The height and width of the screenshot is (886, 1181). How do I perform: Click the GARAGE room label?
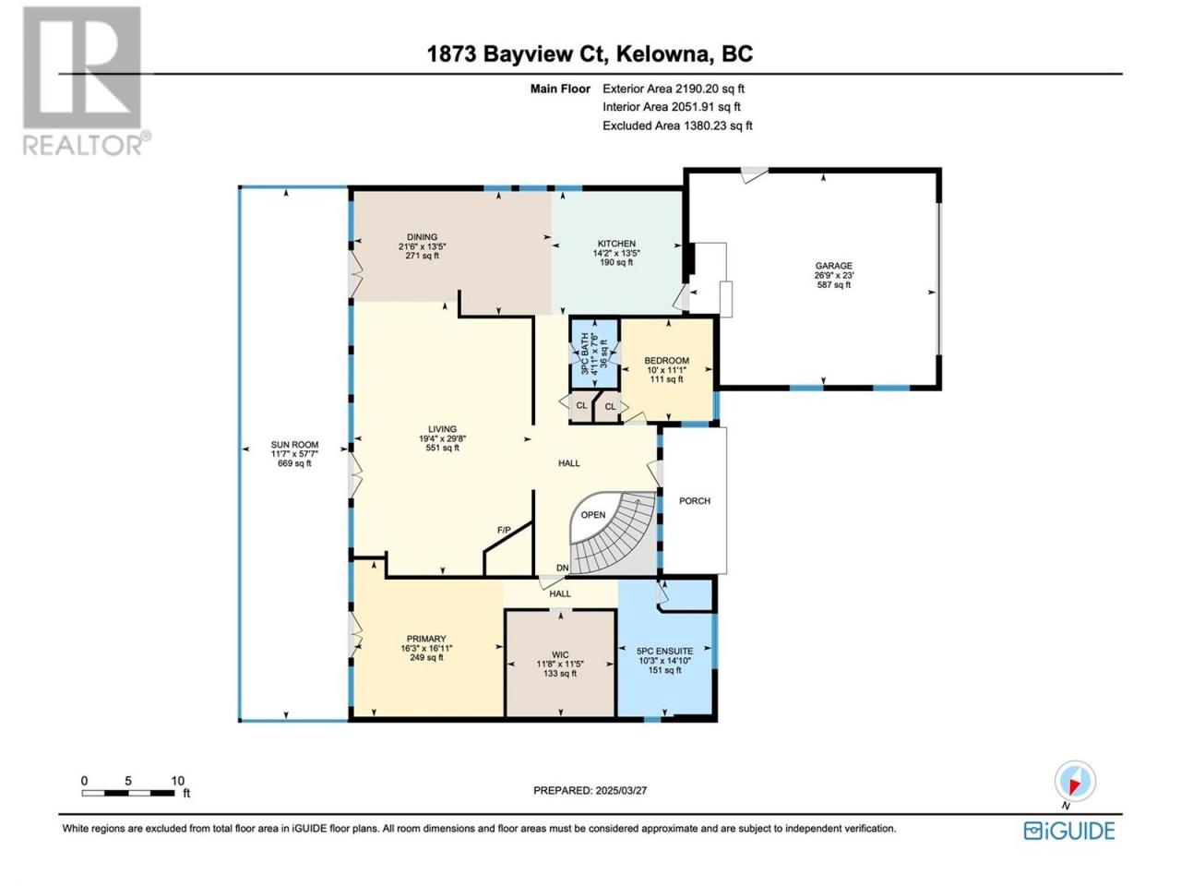coord(833,266)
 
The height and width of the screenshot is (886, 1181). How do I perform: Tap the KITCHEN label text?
coord(616,244)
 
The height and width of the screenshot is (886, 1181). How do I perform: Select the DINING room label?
coord(422,237)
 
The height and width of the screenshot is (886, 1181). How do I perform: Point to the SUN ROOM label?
coord(294,445)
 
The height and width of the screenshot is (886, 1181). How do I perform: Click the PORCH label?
coord(694,501)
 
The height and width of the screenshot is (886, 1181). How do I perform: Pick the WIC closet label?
coord(560,654)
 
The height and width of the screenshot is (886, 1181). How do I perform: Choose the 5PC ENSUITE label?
coord(664,651)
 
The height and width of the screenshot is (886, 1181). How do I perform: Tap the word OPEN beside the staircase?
coord(593,515)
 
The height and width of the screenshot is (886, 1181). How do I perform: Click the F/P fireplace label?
coord(504,530)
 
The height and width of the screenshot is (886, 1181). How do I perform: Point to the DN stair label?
coord(562,569)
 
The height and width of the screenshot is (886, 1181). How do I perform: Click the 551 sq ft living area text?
coord(442,448)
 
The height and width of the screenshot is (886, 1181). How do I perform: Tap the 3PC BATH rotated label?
coord(584,354)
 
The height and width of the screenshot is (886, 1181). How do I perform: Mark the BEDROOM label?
coord(667,361)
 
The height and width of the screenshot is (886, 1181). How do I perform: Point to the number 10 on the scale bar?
coord(177,781)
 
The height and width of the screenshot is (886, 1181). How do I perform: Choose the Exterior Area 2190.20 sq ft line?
coord(674,89)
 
